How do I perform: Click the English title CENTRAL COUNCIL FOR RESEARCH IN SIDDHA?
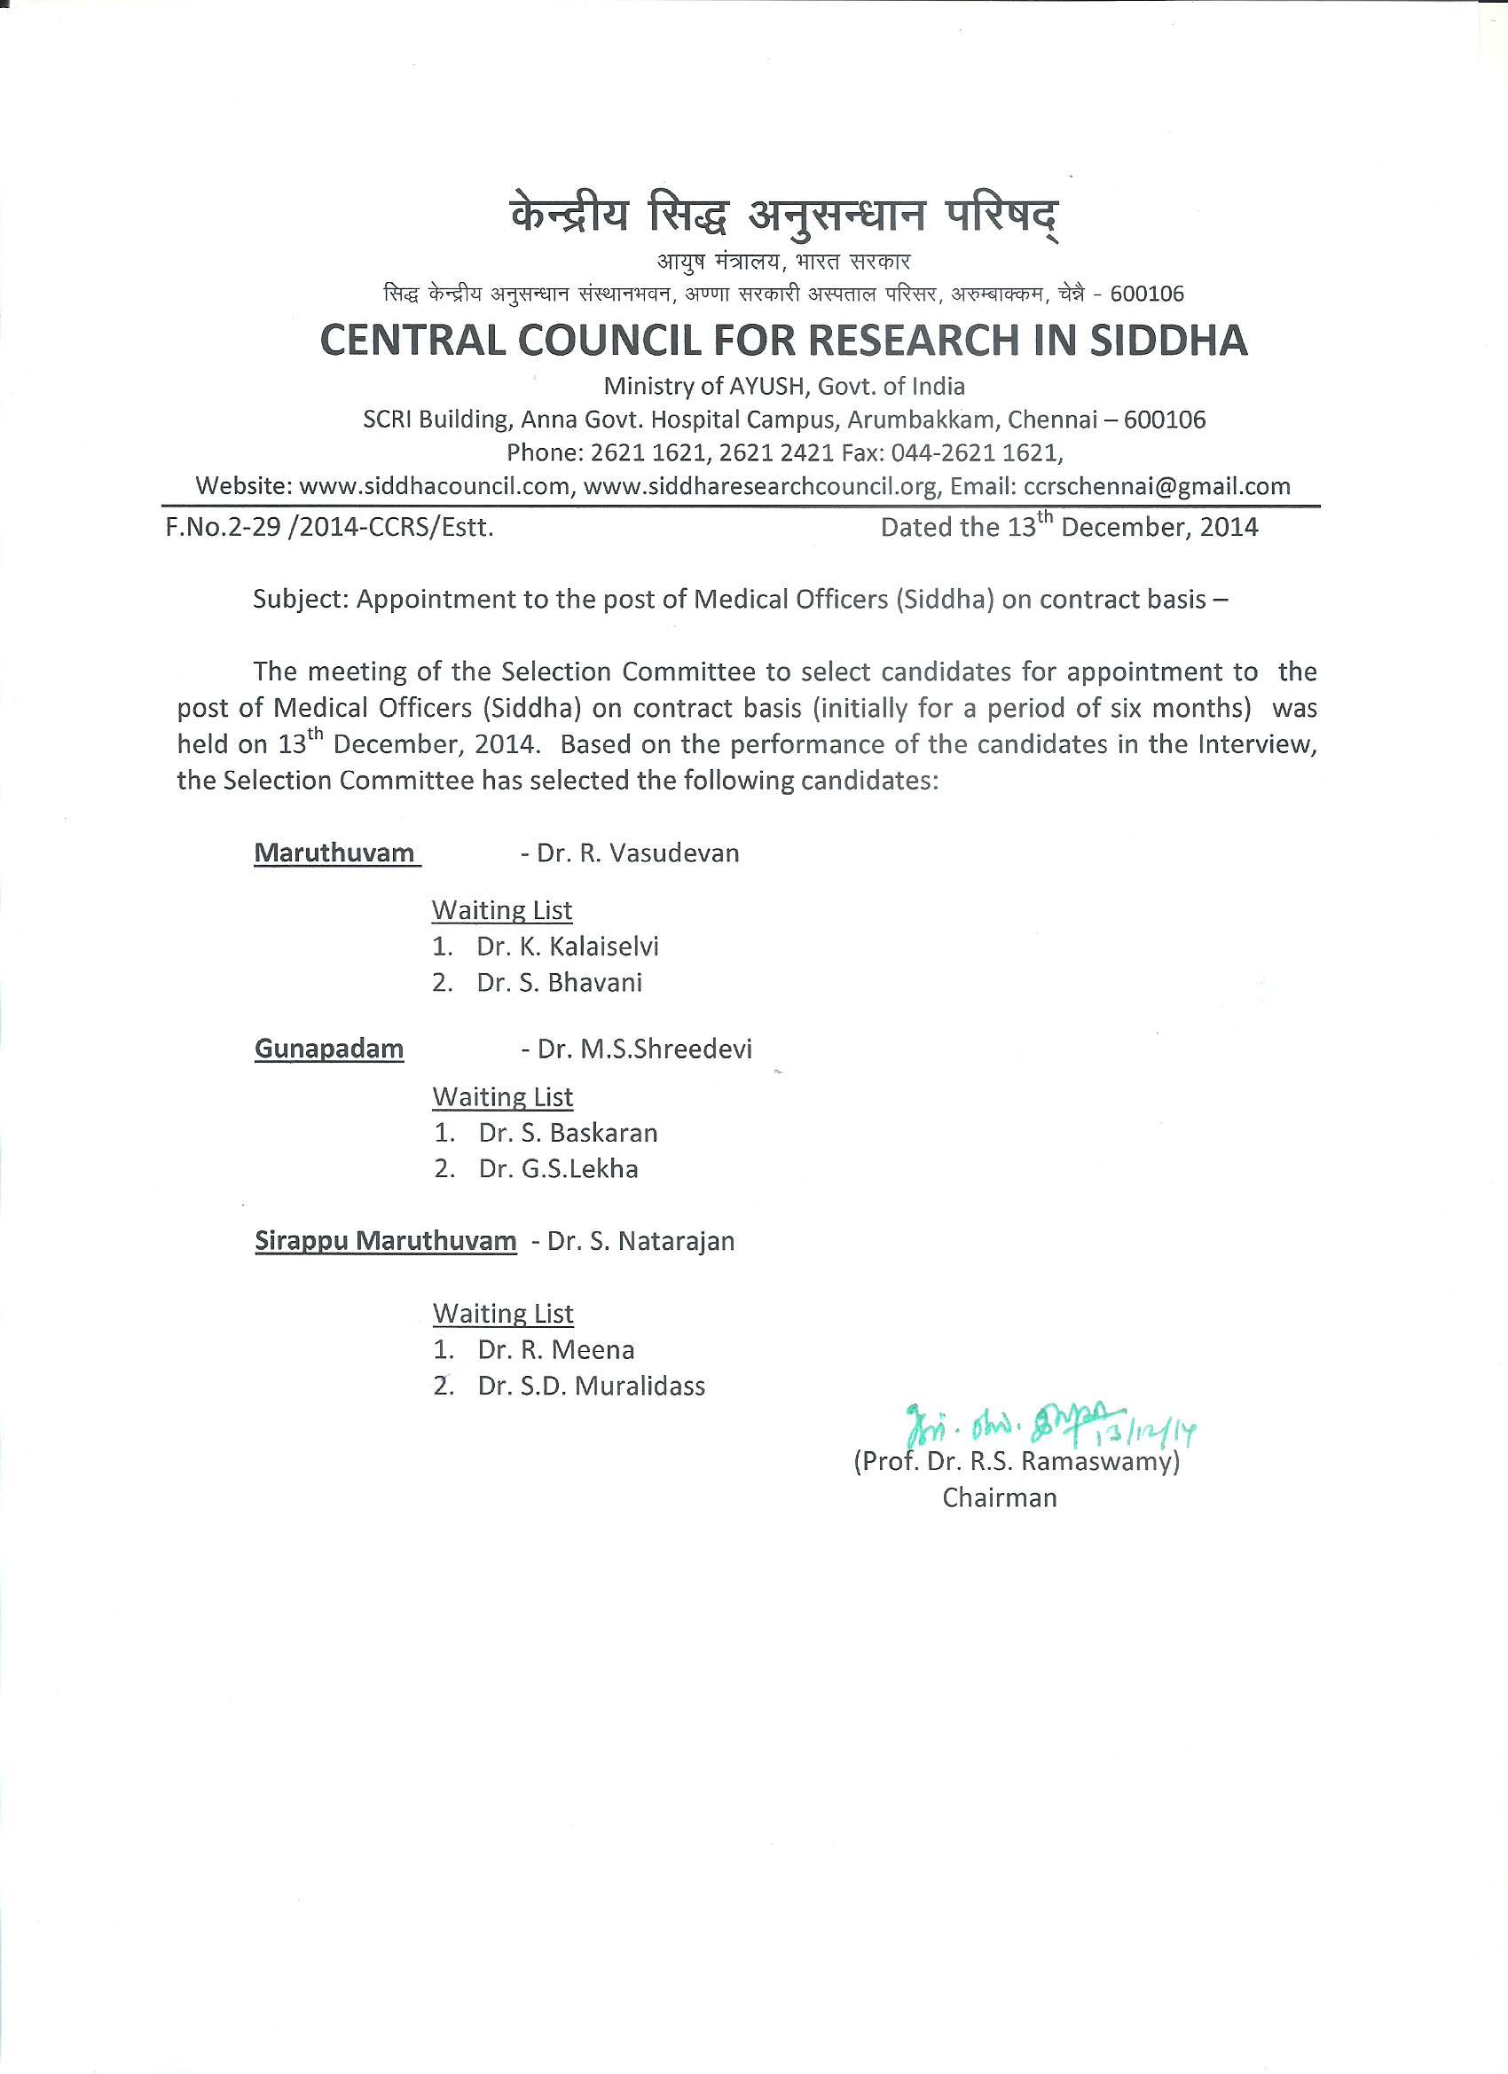tap(784, 340)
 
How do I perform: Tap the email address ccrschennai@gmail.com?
tap(1156, 486)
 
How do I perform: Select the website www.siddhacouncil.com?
tap(435, 486)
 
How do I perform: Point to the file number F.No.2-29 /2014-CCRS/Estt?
tap(329, 528)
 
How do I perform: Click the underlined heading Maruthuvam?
tap(334, 853)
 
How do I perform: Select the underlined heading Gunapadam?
tap(329, 1049)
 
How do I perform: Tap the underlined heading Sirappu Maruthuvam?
tap(385, 1241)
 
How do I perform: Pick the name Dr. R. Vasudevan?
tap(638, 853)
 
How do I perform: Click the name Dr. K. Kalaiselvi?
tap(567, 947)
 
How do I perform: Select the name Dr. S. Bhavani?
tap(559, 983)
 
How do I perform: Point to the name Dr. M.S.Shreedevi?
tap(644, 1049)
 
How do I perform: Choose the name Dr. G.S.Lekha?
tap(558, 1168)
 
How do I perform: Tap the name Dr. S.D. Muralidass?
tap(591, 1387)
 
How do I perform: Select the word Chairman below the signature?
tap(1000, 1498)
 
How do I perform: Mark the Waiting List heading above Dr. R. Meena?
tap(503, 1314)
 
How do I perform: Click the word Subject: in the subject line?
tap(301, 600)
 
